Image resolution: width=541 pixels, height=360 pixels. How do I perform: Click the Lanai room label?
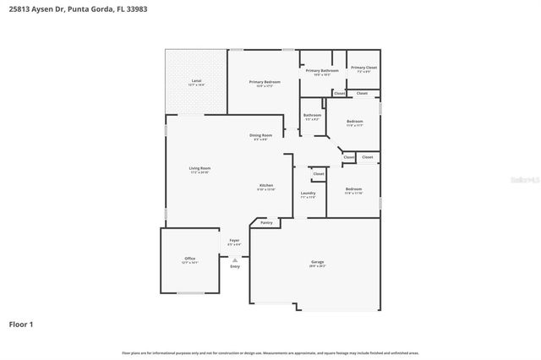(x=195, y=82)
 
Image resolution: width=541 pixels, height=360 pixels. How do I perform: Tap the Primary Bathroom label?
(x=318, y=71)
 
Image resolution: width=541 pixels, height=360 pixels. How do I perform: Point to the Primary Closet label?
(x=363, y=68)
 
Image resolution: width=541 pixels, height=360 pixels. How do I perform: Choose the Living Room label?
(x=199, y=169)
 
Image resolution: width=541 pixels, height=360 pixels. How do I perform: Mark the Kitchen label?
(x=265, y=186)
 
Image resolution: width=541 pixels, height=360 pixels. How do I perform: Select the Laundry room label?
(x=308, y=194)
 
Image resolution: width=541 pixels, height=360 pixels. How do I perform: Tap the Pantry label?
(x=266, y=223)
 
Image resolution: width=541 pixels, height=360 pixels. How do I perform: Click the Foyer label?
(x=234, y=241)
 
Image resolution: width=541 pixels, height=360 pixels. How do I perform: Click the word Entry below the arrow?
(x=234, y=267)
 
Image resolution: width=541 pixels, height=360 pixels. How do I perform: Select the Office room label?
(x=189, y=259)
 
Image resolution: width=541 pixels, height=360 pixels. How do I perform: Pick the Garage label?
(x=317, y=263)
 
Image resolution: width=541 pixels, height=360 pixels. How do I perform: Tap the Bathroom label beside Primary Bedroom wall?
(x=312, y=116)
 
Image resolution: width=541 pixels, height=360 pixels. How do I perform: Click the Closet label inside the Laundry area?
(x=319, y=174)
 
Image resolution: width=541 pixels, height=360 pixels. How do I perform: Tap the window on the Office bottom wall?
(x=189, y=293)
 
